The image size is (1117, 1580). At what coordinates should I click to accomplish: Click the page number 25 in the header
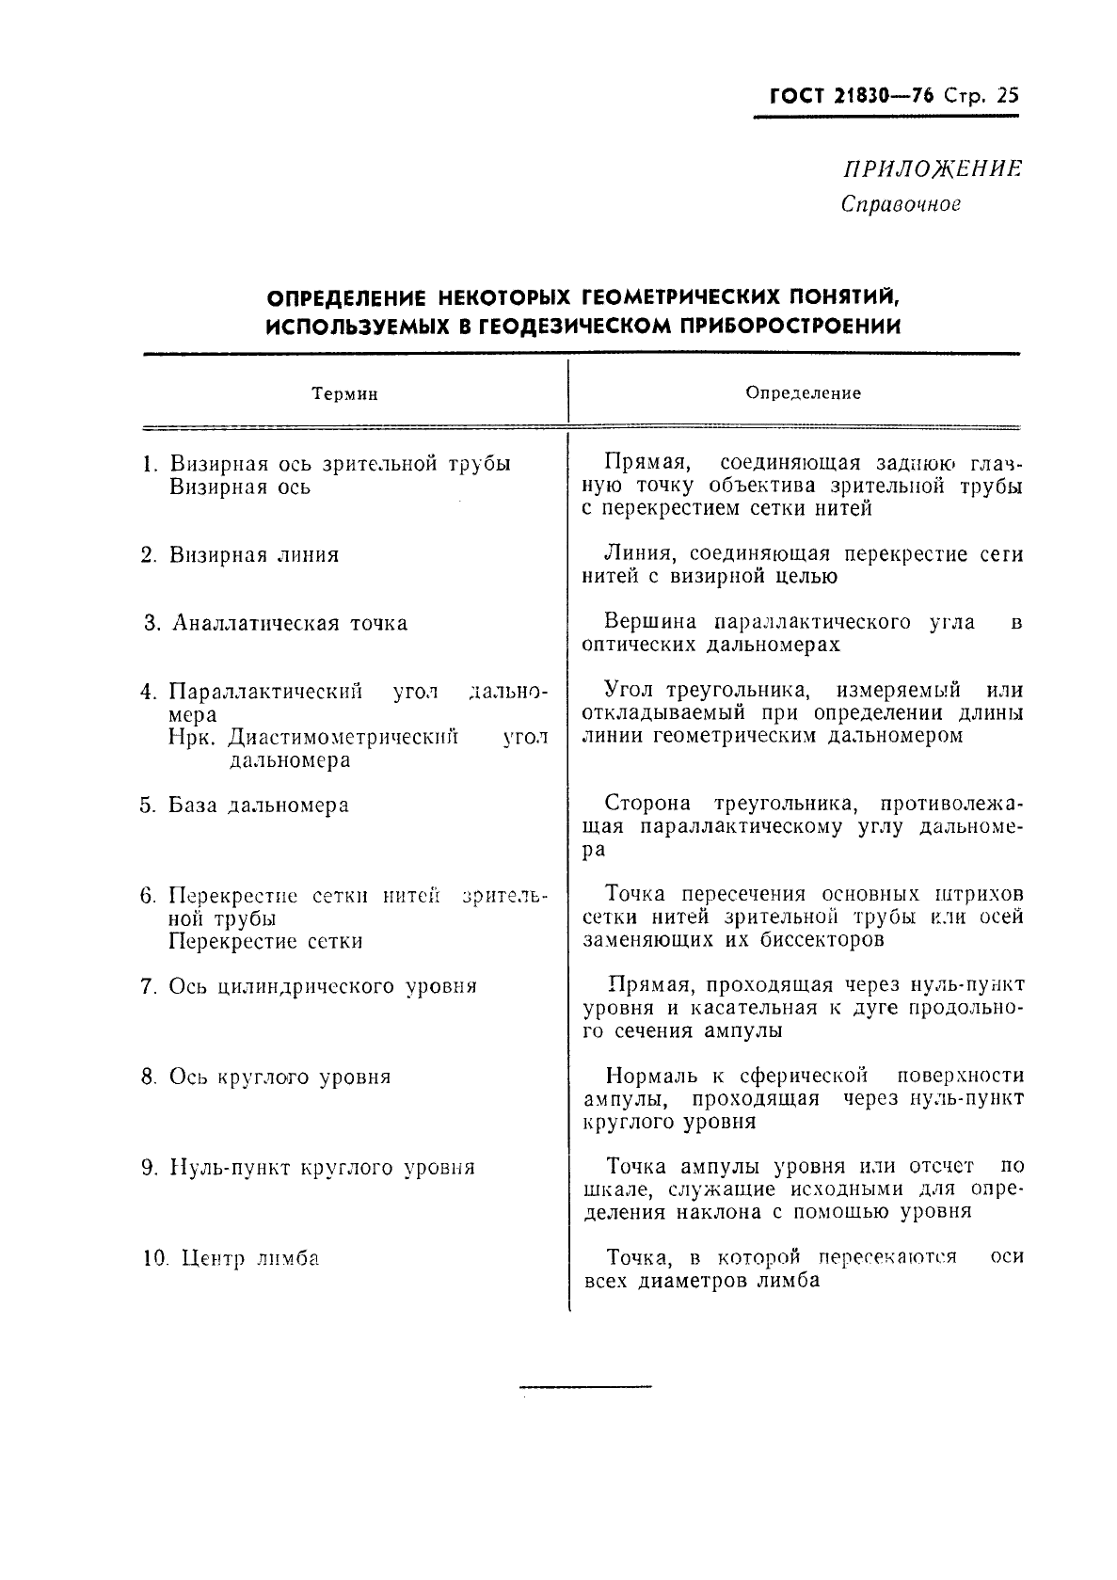[x=1005, y=96]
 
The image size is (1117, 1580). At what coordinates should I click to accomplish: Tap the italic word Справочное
[x=900, y=203]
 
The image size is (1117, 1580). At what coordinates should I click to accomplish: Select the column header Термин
[x=345, y=394]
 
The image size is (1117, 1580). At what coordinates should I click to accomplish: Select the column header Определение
[x=803, y=393]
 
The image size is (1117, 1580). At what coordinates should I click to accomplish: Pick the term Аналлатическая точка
[x=288, y=624]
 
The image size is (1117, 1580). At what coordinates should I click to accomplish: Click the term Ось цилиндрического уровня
[x=322, y=987]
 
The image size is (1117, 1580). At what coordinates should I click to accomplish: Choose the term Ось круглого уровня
[x=279, y=1077]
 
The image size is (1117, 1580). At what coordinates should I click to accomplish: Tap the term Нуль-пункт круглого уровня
[x=321, y=1169]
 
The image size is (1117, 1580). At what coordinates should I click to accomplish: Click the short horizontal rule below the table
[x=584, y=1386]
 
